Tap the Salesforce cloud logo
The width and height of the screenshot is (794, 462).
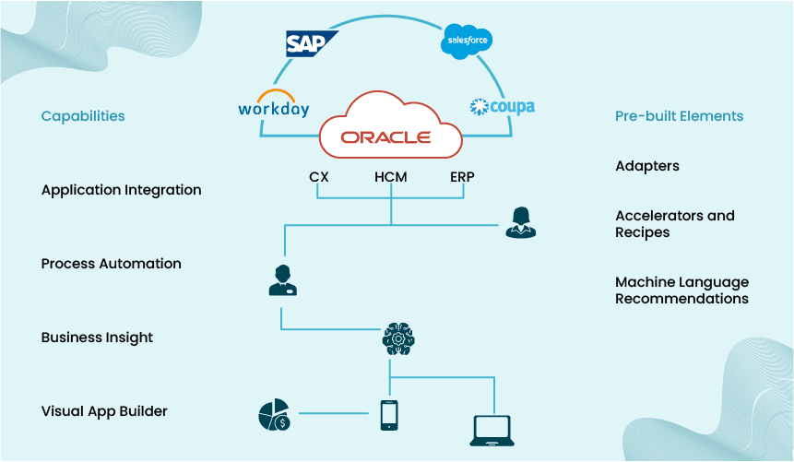pyautogui.click(x=467, y=41)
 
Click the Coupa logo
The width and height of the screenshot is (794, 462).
pyautogui.click(x=502, y=107)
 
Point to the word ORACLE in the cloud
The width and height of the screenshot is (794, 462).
pyautogui.click(x=385, y=137)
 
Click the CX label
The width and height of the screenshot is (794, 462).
pyautogui.click(x=319, y=177)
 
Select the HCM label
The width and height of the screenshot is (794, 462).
pyautogui.click(x=391, y=177)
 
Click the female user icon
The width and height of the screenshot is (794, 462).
pyautogui.click(x=520, y=222)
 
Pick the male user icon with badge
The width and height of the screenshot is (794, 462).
pyautogui.click(x=282, y=280)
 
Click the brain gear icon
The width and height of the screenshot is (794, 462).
pyautogui.click(x=397, y=339)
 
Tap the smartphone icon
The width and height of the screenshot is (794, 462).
pyautogui.click(x=390, y=415)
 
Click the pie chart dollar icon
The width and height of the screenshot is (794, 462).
pyautogui.click(x=274, y=415)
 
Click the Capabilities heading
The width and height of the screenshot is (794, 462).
pyautogui.click(x=83, y=116)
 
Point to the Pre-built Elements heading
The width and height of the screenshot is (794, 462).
pyautogui.click(x=679, y=116)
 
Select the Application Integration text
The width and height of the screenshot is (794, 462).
pyautogui.click(x=121, y=190)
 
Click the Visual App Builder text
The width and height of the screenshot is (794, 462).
pyautogui.click(x=104, y=411)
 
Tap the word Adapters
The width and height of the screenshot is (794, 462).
pyautogui.click(x=646, y=166)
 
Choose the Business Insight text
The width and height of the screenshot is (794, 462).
pyautogui.click(x=97, y=338)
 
